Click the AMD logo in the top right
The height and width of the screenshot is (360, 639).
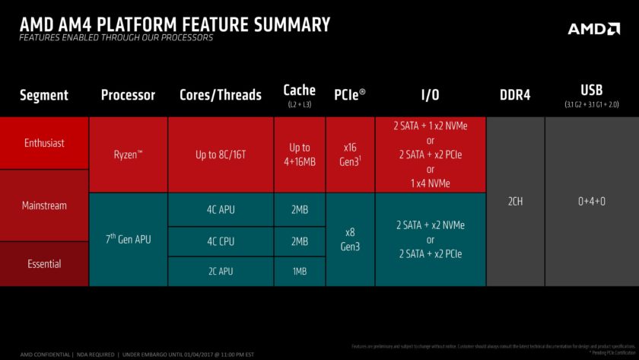(x=594, y=28)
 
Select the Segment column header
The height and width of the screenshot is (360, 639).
(x=43, y=95)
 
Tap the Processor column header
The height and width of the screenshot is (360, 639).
(x=128, y=95)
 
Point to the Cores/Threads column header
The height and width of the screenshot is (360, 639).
(x=220, y=95)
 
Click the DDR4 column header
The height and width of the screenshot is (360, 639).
(x=514, y=95)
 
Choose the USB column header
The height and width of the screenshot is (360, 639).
(x=591, y=90)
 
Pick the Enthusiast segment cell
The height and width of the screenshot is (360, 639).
(x=44, y=143)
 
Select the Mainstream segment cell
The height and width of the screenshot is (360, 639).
(x=44, y=205)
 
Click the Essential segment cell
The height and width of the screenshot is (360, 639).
(x=44, y=263)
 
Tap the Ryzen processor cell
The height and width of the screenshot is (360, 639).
(x=128, y=155)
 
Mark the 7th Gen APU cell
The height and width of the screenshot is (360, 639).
(x=128, y=240)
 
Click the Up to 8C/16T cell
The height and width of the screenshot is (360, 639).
(x=220, y=155)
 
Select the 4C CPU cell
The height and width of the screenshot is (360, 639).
(x=220, y=241)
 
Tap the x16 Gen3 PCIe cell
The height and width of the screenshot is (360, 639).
(x=350, y=155)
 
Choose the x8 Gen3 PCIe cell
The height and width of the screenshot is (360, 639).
(x=350, y=240)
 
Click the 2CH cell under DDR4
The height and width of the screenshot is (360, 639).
(x=514, y=202)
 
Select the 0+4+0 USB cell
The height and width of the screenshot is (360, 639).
(x=591, y=202)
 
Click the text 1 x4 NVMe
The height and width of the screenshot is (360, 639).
(x=430, y=183)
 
